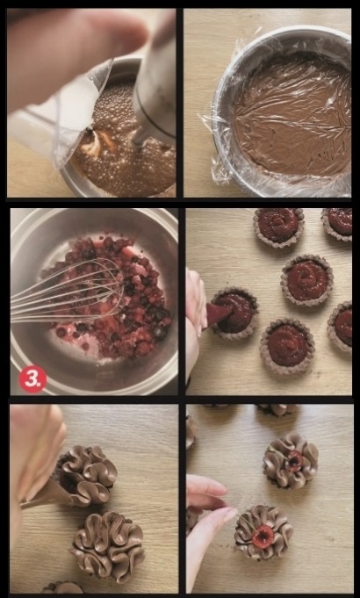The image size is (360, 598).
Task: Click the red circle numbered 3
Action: coord(32,379)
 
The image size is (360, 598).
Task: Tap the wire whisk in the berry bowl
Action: coord(68,291)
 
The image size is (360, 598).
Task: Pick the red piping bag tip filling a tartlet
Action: coord(218,313)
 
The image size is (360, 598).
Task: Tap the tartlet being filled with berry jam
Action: coord(234,313)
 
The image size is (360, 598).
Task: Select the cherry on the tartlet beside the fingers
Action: coord(263,537)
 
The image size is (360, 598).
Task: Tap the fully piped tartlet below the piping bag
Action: coord(108,543)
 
